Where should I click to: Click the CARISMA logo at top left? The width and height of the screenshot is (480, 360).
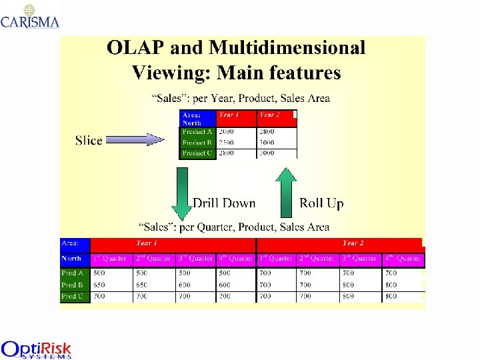pos(30,17)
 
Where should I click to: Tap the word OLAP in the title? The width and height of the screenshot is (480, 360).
pos(137,48)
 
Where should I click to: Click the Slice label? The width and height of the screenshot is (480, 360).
pos(89,140)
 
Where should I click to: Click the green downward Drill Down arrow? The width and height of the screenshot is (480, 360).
pos(181,192)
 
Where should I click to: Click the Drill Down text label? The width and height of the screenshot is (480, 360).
pos(224,203)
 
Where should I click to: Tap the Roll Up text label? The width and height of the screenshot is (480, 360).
pos(321,203)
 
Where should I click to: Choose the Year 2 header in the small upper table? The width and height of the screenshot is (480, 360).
pos(269,115)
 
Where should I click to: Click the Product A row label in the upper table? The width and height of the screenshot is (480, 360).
pos(197,132)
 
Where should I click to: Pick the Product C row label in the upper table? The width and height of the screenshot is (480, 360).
pos(197,153)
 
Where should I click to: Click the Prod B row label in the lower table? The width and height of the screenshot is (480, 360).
pos(73,285)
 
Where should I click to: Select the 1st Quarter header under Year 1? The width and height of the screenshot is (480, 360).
pos(110,258)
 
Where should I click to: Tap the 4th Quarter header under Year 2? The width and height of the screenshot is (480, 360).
pos(403,258)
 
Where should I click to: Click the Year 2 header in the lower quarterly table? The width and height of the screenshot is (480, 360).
pos(353,243)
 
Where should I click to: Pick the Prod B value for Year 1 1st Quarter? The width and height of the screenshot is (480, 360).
pos(99,285)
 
